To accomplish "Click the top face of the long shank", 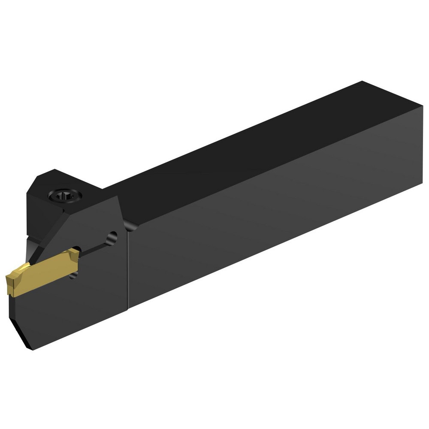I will [x=257, y=142].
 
